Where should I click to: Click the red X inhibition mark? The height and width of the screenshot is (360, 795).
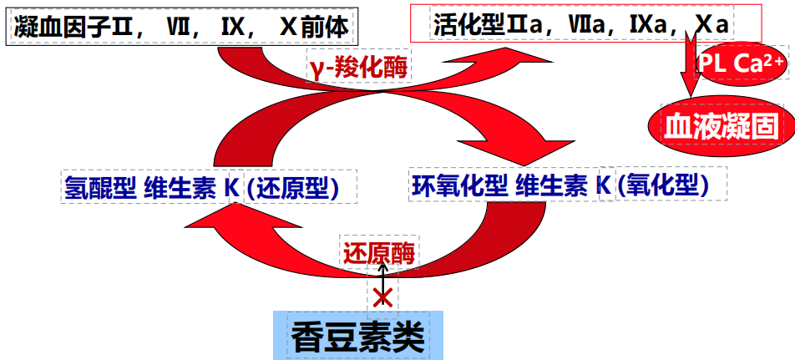(382, 297)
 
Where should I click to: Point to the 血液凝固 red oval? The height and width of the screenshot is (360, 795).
(721, 125)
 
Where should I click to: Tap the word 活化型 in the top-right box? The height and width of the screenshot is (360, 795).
(464, 25)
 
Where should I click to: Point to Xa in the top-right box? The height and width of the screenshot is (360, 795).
(711, 25)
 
